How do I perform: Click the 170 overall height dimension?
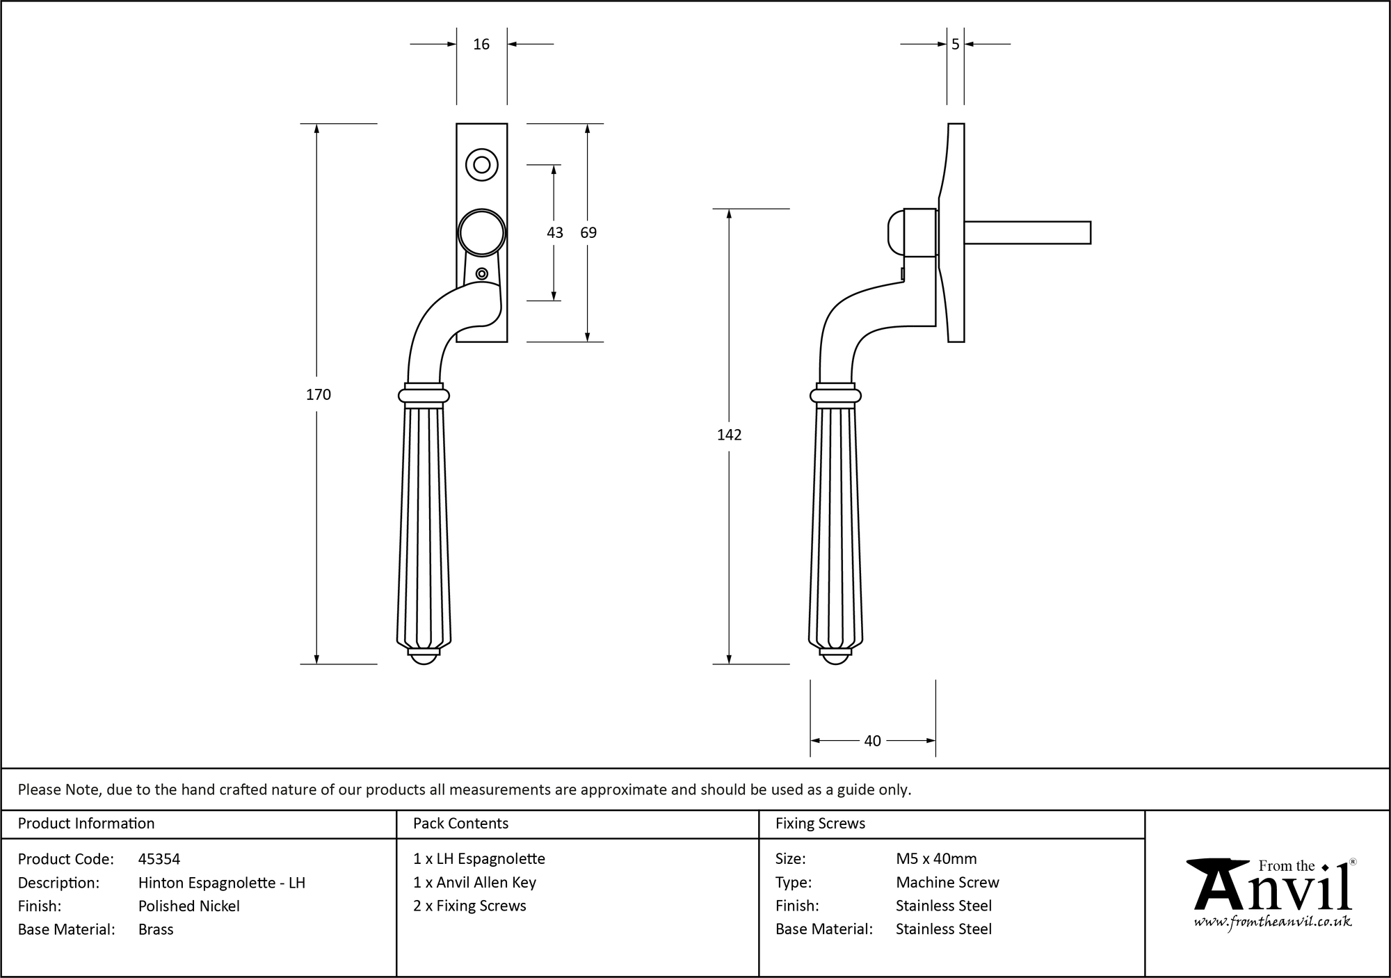[318, 394]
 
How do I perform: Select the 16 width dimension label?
[481, 45]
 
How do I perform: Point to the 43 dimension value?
[554, 232]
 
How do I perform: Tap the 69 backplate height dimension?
[588, 232]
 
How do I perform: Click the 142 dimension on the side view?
[729, 435]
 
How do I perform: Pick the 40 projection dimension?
[872, 741]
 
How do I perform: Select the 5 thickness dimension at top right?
[955, 45]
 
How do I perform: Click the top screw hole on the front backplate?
[481, 166]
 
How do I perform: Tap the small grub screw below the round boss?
[481, 274]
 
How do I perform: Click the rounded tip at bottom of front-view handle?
[423, 657]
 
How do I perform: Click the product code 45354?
[159, 859]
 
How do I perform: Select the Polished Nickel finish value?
[189, 906]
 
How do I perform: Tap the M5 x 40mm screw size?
[936, 859]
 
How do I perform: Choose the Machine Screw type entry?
[947, 882]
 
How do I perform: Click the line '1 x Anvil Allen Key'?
[474, 882]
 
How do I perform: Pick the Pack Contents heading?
[460, 824]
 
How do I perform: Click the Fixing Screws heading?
[820, 824]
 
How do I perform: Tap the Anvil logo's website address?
[1272, 922]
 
